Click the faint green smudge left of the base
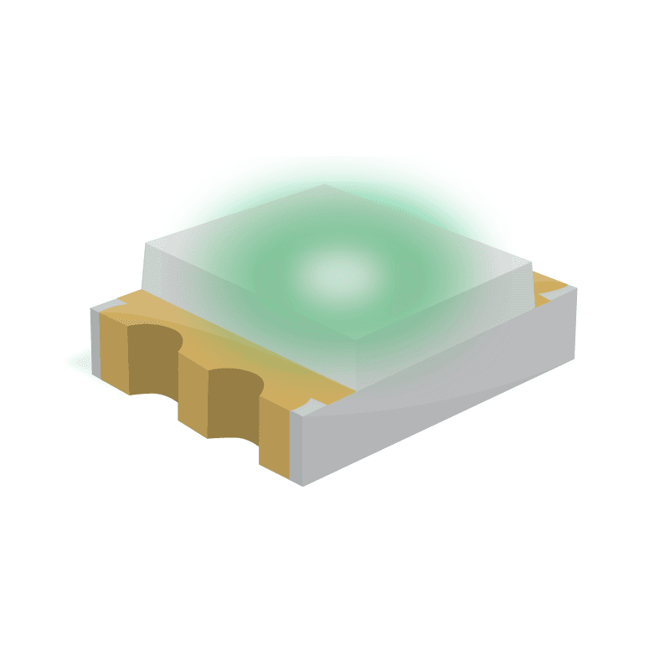[x=78, y=362]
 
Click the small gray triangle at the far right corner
[x=569, y=290]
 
